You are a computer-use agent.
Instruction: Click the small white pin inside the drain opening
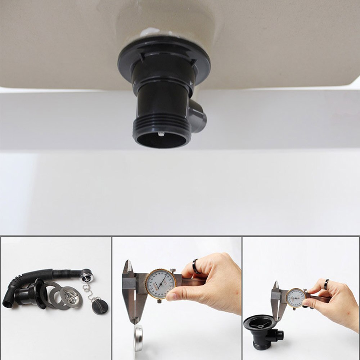161,134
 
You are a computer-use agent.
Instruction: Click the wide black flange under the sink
164,58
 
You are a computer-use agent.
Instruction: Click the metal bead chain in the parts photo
88,292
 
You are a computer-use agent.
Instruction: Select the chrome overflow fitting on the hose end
87,276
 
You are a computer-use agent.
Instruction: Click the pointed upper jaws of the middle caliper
127,268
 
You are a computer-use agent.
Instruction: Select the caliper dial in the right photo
296,298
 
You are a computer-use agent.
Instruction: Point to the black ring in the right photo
326,285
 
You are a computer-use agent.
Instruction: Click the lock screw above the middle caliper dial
173,270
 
